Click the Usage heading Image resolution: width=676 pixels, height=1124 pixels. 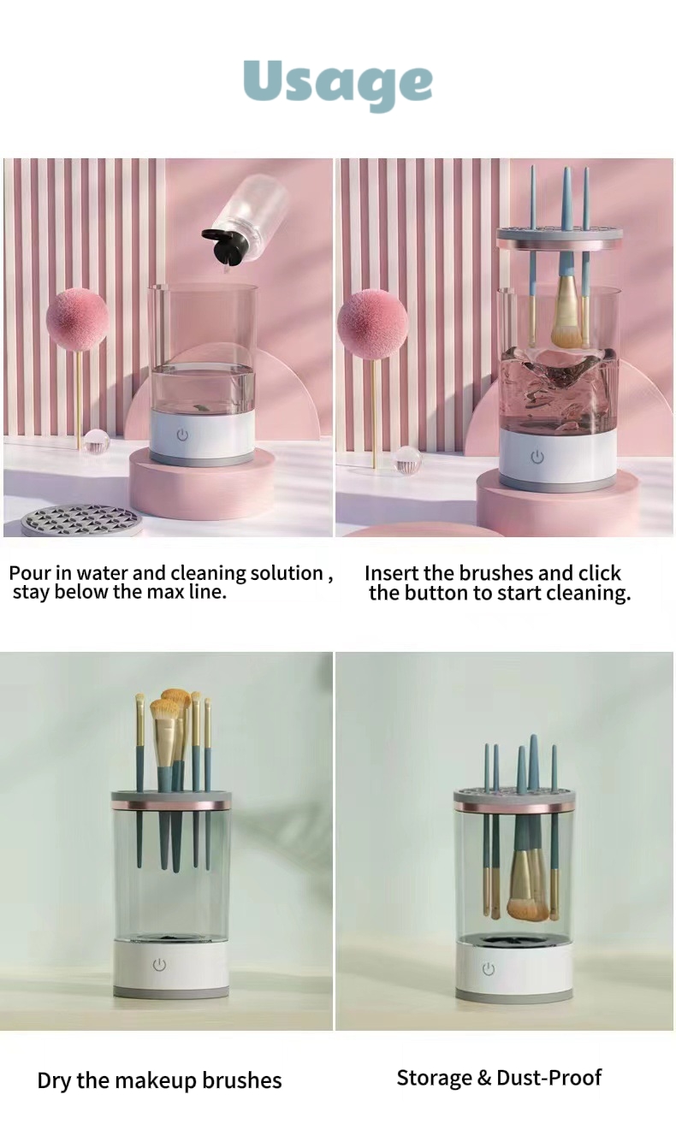tap(338, 84)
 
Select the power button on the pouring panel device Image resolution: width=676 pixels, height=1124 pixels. tap(182, 435)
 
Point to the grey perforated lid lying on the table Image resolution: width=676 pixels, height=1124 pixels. tap(82, 518)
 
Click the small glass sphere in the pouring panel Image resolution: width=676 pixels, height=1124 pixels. tap(96, 441)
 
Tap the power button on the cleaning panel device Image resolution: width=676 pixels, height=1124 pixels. tap(537, 457)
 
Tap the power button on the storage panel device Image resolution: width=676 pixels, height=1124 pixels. tap(488, 969)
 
